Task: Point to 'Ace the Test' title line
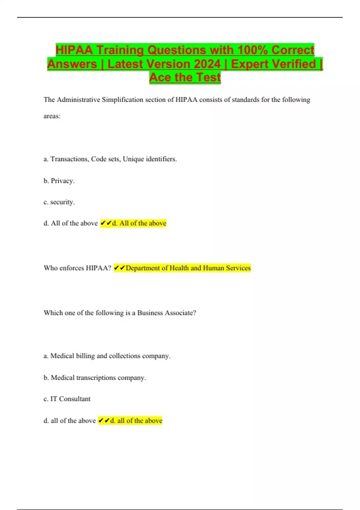pyautogui.click(x=185, y=77)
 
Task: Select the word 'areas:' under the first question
pyautogui.click(x=52, y=116)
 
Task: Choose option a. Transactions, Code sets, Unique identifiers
pyautogui.click(x=110, y=159)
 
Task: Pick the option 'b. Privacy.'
pyautogui.click(x=59, y=181)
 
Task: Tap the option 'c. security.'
pyautogui.click(x=59, y=202)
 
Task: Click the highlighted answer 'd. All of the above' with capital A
pyautogui.click(x=139, y=223)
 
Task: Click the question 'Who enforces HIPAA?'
pyautogui.click(x=77, y=268)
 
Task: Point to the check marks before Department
pyautogui.click(x=119, y=268)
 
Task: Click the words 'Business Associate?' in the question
pyautogui.click(x=166, y=313)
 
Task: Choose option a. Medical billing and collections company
pyautogui.click(x=107, y=356)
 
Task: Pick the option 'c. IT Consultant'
pyautogui.click(x=67, y=399)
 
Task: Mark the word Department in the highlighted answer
pyautogui.click(x=143, y=268)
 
